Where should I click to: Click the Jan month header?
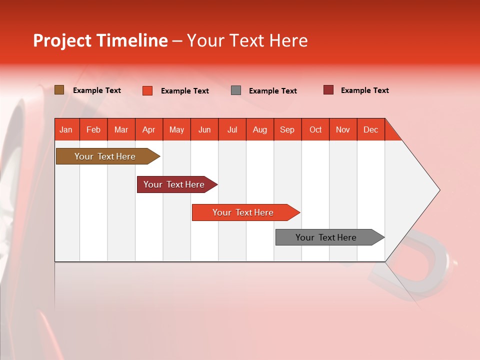click(x=66, y=129)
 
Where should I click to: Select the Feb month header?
click(x=93, y=129)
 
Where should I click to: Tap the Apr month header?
click(x=148, y=129)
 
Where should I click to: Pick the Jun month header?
click(x=204, y=129)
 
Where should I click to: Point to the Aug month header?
click(x=259, y=129)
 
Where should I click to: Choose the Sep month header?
click(x=287, y=129)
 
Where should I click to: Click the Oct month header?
click(x=315, y=129)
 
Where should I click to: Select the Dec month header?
click(x=370, y=129)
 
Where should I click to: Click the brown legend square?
click(x=59, y=90)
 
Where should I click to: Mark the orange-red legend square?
click(x=147, y=90)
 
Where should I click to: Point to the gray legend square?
click(x=236, y=90)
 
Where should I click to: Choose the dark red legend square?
click(x=328, y=90)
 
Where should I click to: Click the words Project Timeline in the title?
click(x=100, y=40)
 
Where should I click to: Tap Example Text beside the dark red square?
click(x=364, y=90)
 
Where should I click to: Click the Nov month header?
click(x=342, y=129)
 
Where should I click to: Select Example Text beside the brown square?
click(x=97, y=90)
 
